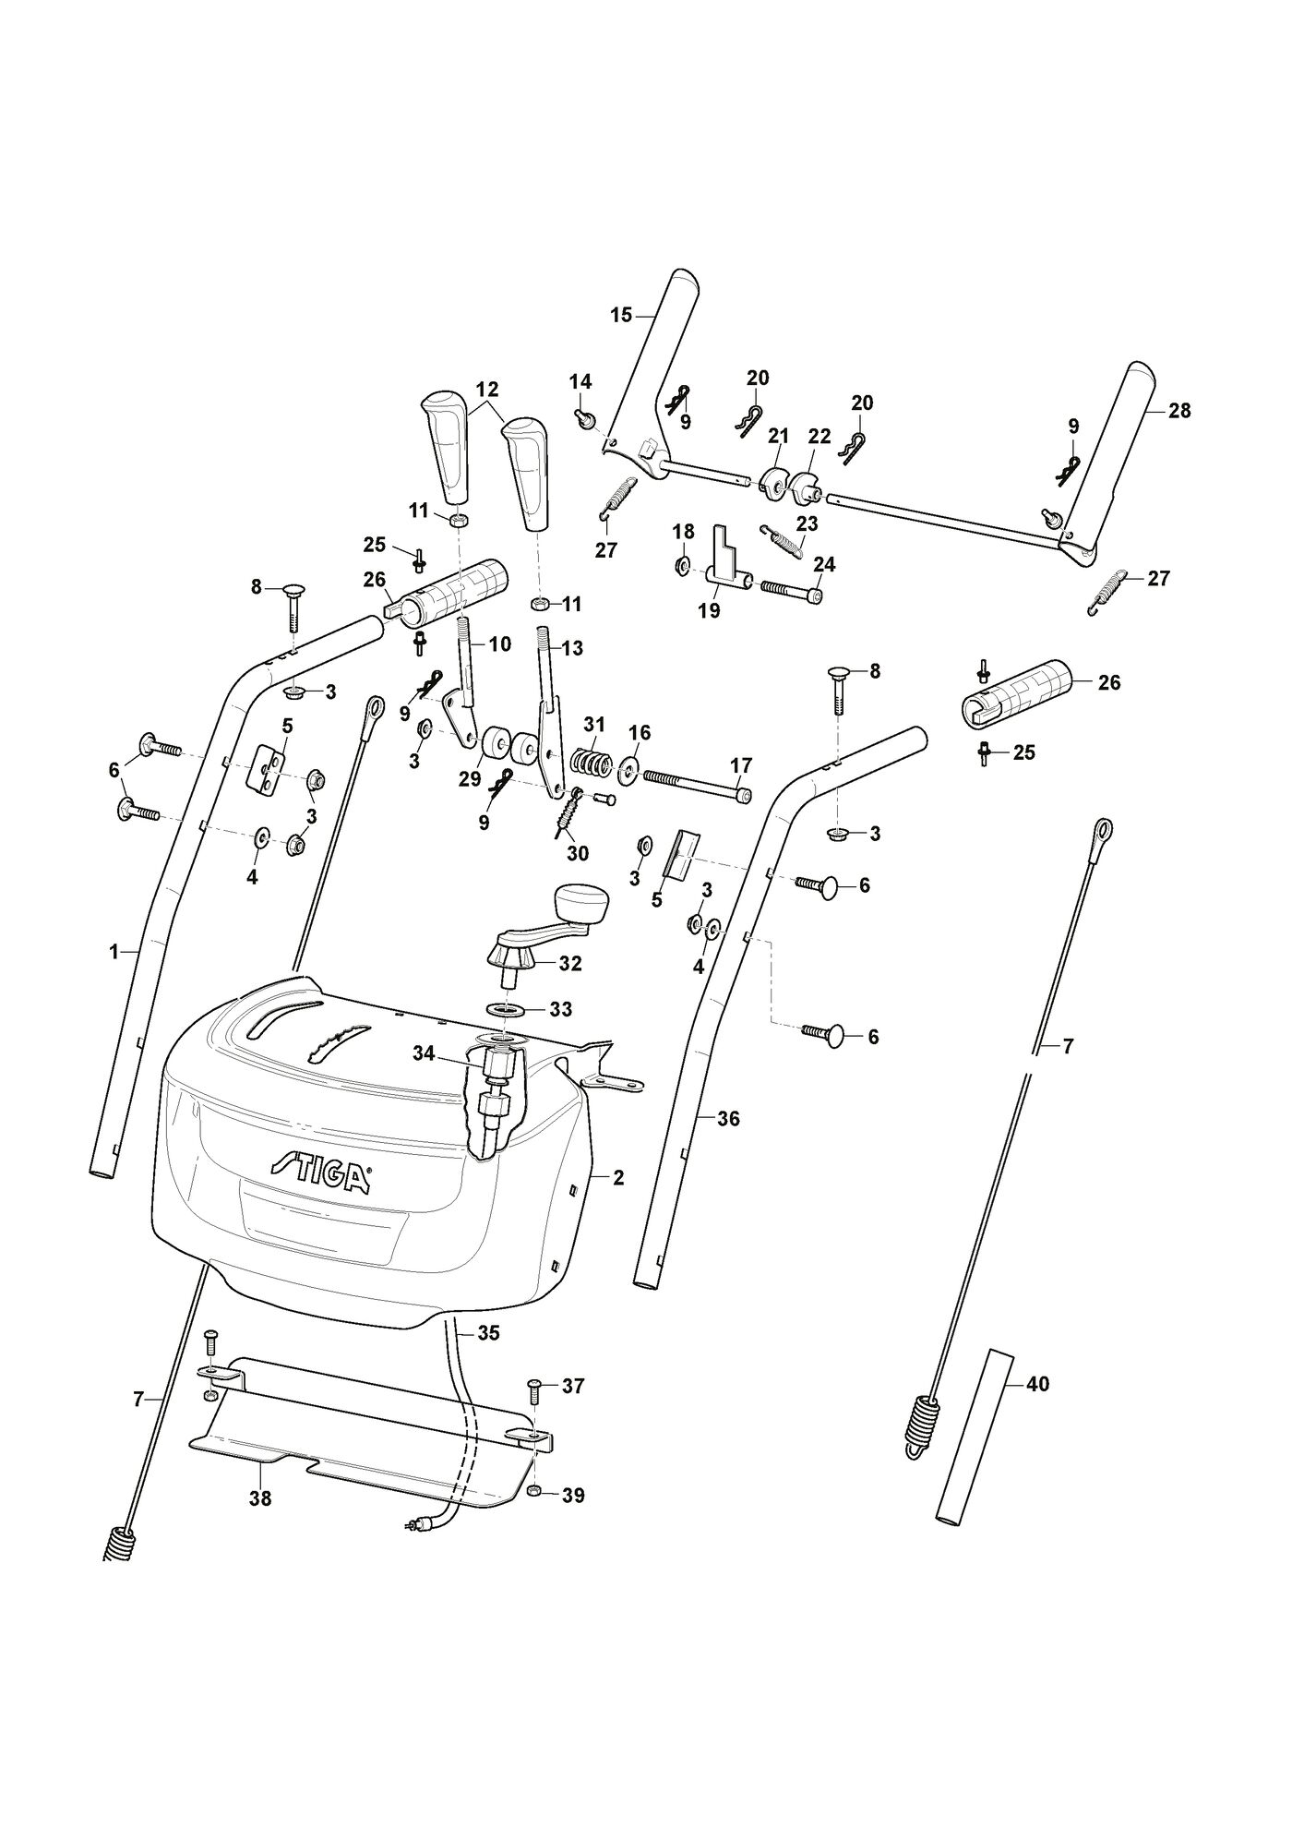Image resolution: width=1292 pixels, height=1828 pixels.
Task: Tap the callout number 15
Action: click(x=621, y=316)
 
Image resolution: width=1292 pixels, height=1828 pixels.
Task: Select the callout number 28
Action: click(x=1180, y=411)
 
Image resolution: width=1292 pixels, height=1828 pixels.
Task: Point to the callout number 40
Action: click(x=1037, y=1411)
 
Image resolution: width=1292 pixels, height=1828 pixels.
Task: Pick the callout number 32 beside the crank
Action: click(x=570, y=964)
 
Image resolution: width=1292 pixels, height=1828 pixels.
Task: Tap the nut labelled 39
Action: click(x=536, y=1491)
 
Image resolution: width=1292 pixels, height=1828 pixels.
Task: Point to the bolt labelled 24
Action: click(x=791, y=591)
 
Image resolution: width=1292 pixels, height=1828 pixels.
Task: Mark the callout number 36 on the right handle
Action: click(x=729, y=1119)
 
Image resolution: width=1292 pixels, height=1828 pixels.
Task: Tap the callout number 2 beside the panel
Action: click(x=618, y=1178)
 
